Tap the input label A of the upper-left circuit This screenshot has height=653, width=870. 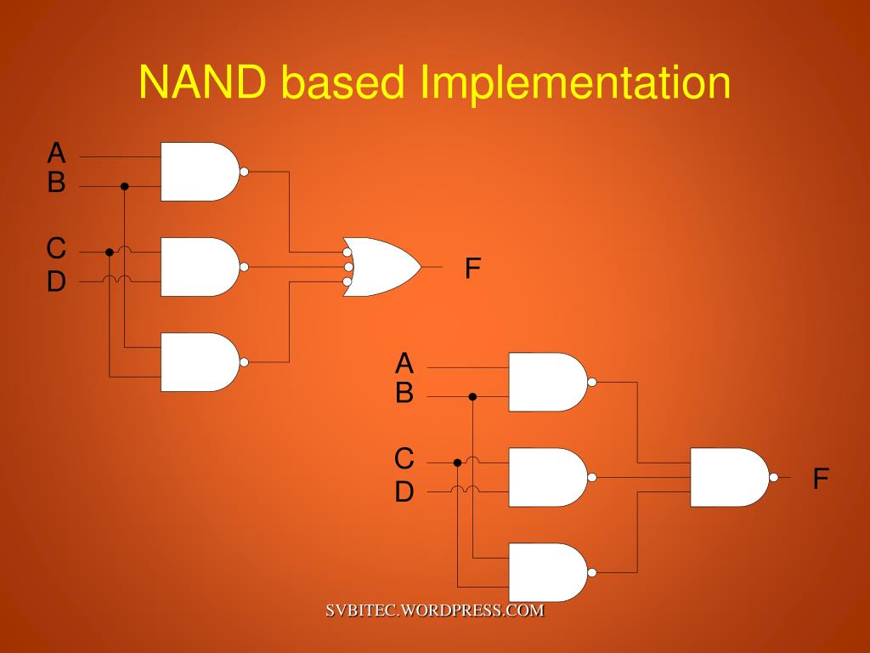[56, 153]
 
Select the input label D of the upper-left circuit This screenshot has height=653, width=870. [56, 281]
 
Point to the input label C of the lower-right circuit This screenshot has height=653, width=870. [404, 459]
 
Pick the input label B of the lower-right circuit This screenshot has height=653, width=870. [404, 394]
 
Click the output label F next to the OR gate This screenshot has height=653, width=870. [473, 269]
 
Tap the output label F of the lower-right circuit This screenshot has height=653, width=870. [821, 479]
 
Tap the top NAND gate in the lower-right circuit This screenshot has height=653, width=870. [546, 382]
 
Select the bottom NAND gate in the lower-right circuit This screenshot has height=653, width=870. [546, 572]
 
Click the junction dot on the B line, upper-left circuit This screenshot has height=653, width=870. [124, 186]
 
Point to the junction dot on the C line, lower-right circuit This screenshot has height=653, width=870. [457, 463]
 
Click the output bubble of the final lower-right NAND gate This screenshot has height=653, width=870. [773, 477]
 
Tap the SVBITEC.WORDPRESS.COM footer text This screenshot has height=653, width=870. [434, 610]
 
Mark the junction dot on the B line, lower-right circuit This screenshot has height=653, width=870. [472, 396]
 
